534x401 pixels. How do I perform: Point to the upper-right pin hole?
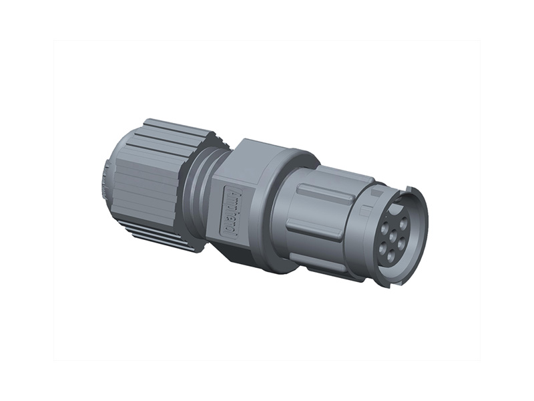(403, 223)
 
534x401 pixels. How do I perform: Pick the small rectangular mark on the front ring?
(364, 213)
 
